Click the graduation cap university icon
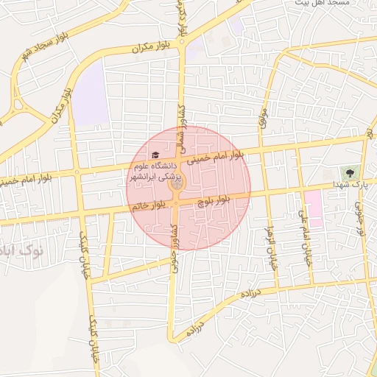pyautogui.click(x=155, y=155)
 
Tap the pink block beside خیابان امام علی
pyautogui.click(x=314, y=208)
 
